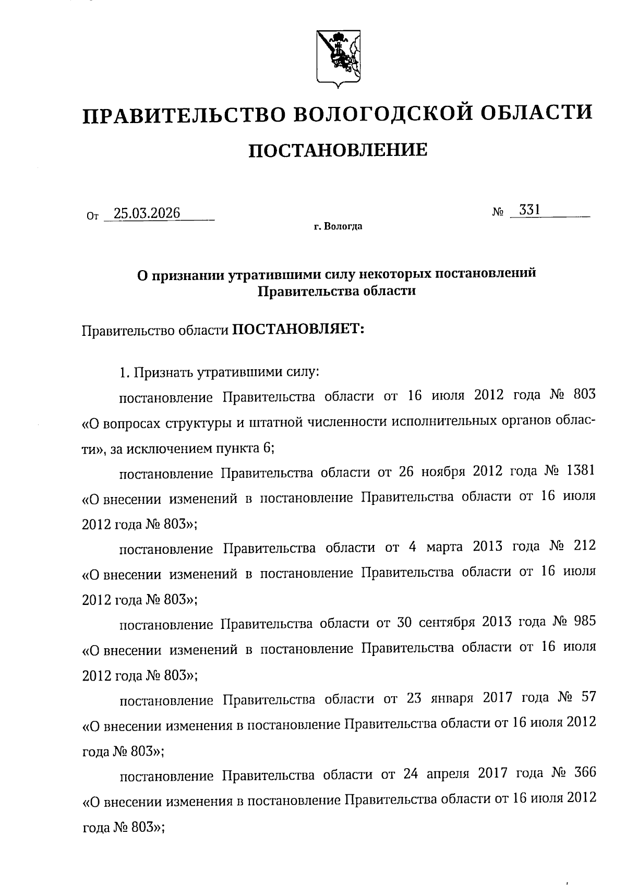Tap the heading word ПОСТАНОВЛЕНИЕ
point(338,151)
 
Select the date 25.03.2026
point(147,213)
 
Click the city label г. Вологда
point(338,227)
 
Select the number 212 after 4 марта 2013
point(584,547)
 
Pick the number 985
point(584,622)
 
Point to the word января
point(452,698)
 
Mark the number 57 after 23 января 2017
point(588,698)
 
